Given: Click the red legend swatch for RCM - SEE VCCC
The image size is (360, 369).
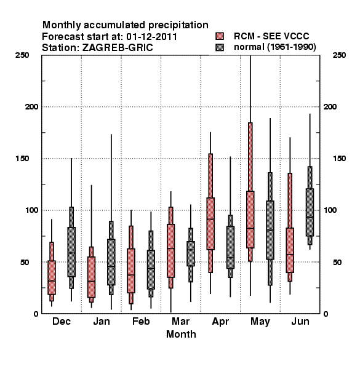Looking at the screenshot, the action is click(x=220, y=36).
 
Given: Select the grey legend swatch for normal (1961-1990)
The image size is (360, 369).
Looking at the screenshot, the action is click(x=220, y=47).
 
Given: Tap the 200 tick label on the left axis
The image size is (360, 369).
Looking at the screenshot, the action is click(x=31, y=106).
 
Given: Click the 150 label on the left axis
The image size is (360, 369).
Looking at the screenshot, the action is click(x=22, y=159).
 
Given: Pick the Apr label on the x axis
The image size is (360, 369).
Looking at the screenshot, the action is click(x=220, y=322).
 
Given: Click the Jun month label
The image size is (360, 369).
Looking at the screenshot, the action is click(x=300, y=321).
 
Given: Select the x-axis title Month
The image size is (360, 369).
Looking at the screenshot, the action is click(x=181, y=334).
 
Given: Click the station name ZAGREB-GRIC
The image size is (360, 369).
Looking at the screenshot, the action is click(x=118, y=48).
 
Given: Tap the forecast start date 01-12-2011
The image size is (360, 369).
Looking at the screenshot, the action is click(x=151, y=37).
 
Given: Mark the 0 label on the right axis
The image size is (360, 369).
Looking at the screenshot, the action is click(x=326, y=314).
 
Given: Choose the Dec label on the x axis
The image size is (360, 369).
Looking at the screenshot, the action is click(x=62, y=321).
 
